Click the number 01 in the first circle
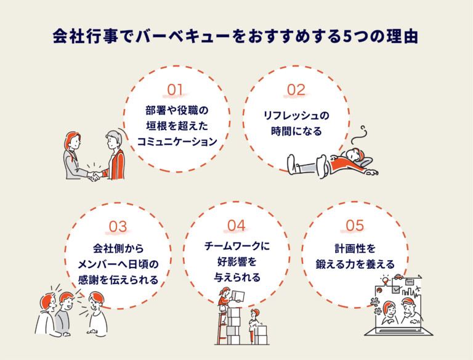click(x=176, y=90)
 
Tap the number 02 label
click(x=296, y=90)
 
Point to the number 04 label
click(x=237, y=226)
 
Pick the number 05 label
click(x=355, y=226)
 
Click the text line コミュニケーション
click(x=177, y=141)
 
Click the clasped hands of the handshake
click(x=94, y=177)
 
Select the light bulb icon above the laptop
click(x=386, y=280)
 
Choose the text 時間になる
click(x=296, y=131)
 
